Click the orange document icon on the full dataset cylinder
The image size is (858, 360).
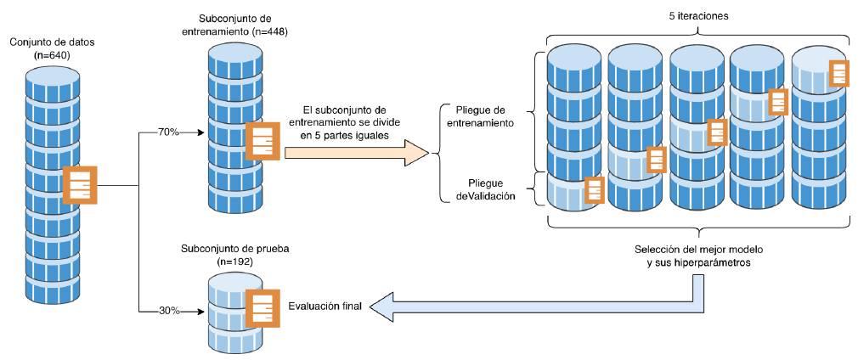tap(81, 185)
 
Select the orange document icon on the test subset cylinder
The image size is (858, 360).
tap(262, 307)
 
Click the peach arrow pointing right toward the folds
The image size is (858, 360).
tap(357, 153)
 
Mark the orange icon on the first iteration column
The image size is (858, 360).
tap(594, 190)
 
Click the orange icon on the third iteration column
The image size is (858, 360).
tap(717, 132)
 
